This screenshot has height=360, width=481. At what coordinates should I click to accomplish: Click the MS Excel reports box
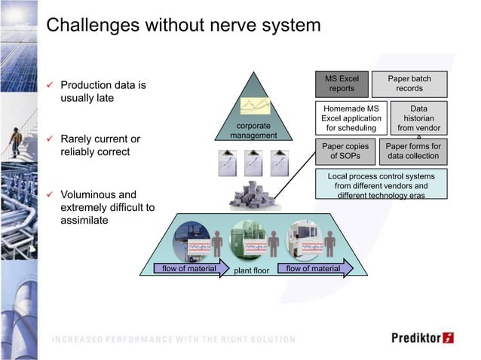pos(342,83)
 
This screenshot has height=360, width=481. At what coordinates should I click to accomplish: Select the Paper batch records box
pos(409,83)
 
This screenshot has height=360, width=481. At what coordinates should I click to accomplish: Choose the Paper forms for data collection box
pos(412,151)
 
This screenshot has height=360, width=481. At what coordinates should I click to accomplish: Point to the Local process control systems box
pos(381,185)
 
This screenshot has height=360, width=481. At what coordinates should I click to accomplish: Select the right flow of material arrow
pos(314,267)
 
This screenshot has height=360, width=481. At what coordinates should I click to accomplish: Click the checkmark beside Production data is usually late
pos(50,85)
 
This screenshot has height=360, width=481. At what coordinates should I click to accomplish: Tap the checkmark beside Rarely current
pos(50,139)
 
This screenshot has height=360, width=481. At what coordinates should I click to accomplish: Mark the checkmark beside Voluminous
pos(50,194)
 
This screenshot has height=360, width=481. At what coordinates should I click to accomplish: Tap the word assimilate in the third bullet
pos(84,221)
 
